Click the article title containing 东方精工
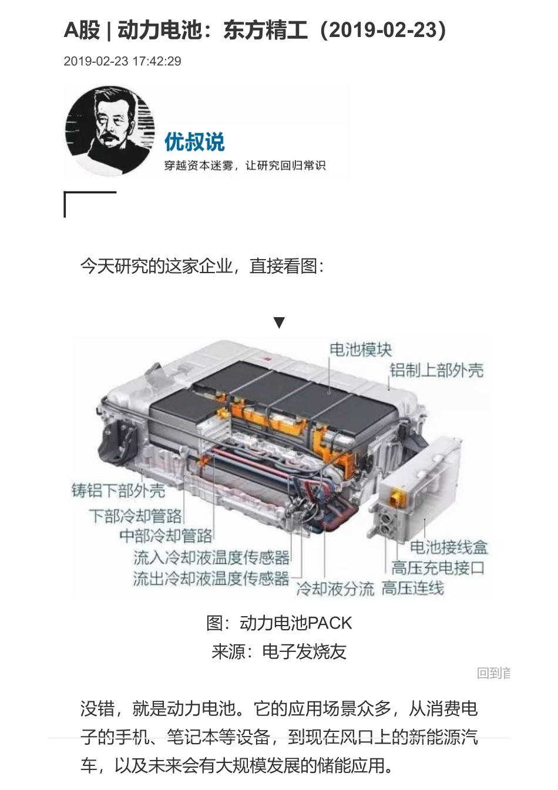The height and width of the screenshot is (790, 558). point(255,30)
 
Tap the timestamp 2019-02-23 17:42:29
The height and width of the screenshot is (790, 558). point(122,61)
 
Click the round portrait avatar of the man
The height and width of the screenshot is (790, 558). point(110,130)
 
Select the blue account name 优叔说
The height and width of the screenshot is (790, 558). point(194,142)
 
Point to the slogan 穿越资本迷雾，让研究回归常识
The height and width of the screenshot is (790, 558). point(244,166)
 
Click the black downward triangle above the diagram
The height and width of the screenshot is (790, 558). point(279,322)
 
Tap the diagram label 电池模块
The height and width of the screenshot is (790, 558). point(360,349)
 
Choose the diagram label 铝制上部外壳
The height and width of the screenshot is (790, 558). point(436,370)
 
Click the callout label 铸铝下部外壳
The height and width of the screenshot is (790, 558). point(118,490)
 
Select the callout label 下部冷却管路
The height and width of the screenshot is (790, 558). point(135,516)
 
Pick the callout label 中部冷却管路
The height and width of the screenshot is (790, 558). point(166,536)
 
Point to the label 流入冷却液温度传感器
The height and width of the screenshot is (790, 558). point(211,557)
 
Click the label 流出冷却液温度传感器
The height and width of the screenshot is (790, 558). point(211,579)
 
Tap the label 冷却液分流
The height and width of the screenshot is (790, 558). point(335,589)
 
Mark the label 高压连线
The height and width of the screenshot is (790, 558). point(412,588)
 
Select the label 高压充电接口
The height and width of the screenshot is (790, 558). point(438,567)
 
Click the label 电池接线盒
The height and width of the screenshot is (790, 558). point(449,547)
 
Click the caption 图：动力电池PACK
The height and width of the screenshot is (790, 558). point(279,623)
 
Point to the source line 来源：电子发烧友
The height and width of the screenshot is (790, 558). point(279,651)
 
